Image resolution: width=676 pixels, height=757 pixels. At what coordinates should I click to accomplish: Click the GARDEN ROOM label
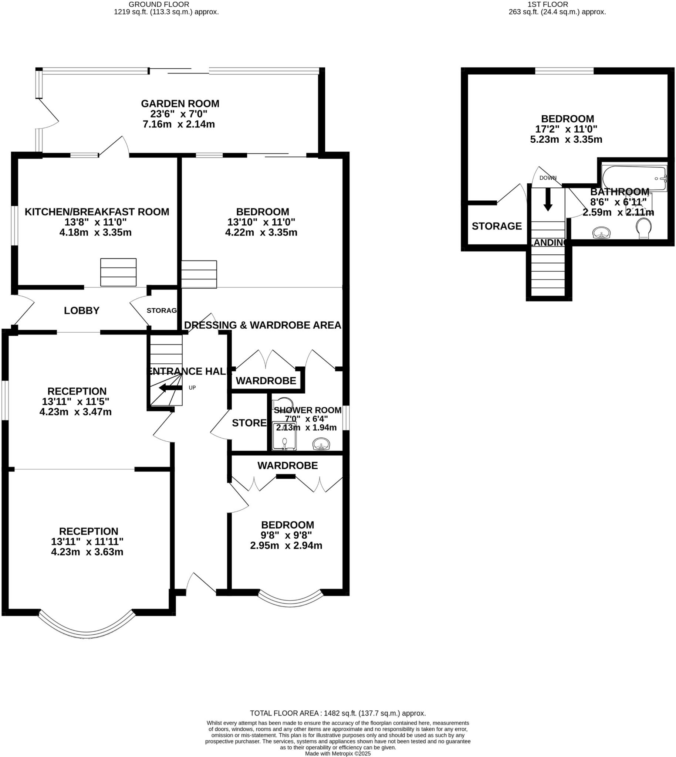coord(180,103)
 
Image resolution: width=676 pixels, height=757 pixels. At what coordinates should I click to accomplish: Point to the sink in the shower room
coord(321,444)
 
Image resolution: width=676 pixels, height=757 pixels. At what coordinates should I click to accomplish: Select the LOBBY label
coord(81,311)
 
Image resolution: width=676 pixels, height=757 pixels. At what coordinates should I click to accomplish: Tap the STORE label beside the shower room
coord(249,423)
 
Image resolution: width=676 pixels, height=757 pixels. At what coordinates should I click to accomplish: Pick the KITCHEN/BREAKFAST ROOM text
coord(97,212)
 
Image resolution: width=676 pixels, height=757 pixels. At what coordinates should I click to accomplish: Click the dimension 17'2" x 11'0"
coord(566,129)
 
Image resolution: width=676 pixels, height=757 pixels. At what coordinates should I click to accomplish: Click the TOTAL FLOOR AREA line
coord(338,713)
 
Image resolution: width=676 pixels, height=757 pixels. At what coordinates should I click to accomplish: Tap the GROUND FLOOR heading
coord(159,4)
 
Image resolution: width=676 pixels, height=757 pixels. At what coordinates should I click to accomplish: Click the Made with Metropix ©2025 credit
coord(338,754)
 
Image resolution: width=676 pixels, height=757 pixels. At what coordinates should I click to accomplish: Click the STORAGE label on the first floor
coord(497,226)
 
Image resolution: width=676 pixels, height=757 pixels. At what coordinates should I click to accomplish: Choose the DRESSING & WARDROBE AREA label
coord(262,325)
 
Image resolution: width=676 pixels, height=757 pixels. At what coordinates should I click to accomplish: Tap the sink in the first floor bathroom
coord(601,233)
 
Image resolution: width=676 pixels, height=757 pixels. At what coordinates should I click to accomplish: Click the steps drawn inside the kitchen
coord(118,272)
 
